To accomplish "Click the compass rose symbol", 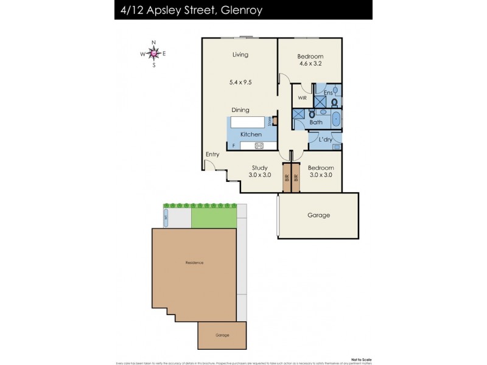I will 153,54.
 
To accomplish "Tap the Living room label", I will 240,55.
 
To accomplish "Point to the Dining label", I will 240,110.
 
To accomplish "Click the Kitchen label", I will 251,134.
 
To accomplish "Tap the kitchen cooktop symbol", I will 259,145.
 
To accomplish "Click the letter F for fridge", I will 233,146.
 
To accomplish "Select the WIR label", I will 302,98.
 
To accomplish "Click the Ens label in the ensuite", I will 328,92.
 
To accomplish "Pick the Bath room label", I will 316,123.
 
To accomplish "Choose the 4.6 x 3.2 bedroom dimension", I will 309,63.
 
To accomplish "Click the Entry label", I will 212,155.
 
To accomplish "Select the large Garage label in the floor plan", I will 318,215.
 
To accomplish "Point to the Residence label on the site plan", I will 194,262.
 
